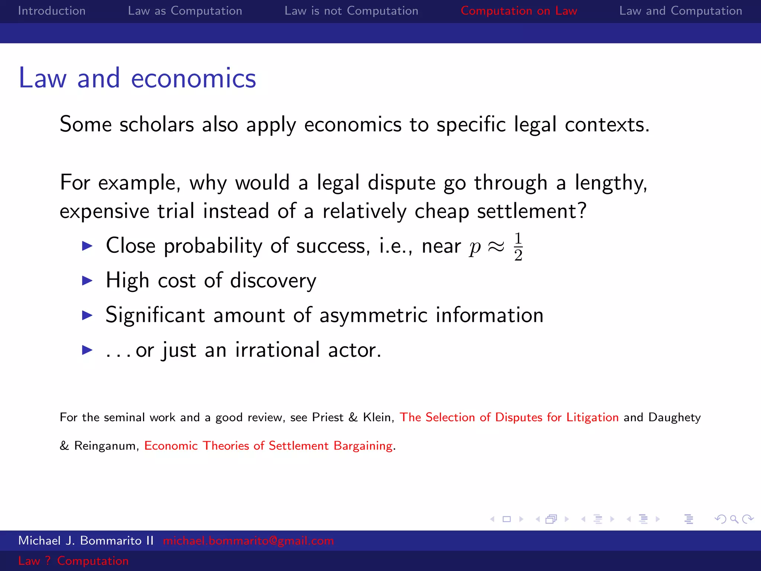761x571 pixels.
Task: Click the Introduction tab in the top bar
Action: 52,11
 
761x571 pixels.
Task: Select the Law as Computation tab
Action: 185,11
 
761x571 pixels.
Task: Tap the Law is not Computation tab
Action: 351,11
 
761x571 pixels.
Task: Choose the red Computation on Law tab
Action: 519,11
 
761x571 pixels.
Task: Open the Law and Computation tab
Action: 680,11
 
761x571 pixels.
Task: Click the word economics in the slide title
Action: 193,78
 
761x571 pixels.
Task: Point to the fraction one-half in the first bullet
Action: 518,247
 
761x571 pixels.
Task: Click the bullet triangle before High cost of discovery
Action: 87,281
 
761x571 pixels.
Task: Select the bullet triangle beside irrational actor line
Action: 87,350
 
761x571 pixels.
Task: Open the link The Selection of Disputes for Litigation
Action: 509,417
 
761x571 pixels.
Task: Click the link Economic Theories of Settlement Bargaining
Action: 268,445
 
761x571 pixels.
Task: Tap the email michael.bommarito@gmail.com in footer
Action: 248,541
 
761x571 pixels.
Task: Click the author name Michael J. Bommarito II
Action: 86,541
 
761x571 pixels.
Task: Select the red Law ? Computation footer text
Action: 73,561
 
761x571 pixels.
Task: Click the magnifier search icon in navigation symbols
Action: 734,519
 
